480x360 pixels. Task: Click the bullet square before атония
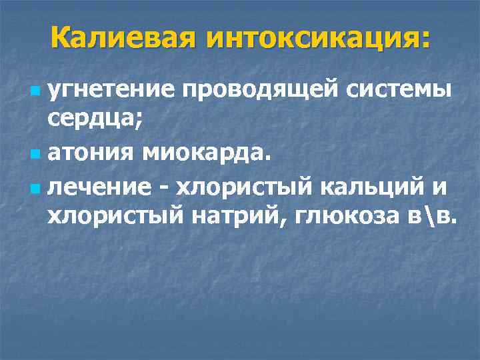tap(35, 155)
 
